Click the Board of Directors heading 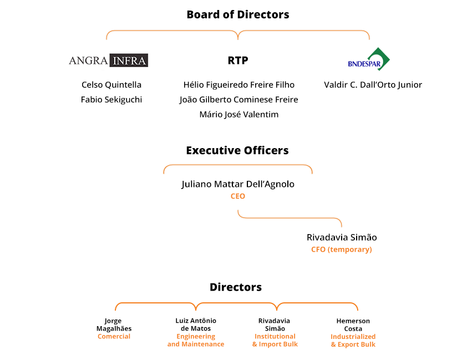coord(238,14)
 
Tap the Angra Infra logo coord(108,60)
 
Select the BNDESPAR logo coord(369,59)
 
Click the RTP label coord(238,60)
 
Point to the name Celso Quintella coord(111,85)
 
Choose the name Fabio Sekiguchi coord(111,100)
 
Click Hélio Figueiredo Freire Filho coord(238,85)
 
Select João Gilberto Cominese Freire coord(238,100)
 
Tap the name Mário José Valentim coord(238,114)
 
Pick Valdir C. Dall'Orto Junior coord(373,85)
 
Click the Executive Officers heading coord(237,150)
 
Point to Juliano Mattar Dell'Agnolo coord(238,184)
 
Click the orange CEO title coord(238,196)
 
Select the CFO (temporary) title coord(342,250)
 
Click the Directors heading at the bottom coord(236,287)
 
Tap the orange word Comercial coord(114,336)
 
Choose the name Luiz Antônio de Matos coord(196,324)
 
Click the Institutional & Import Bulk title coord(275,340)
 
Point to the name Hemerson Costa coord(353,325)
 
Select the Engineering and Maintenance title coord(196,340)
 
